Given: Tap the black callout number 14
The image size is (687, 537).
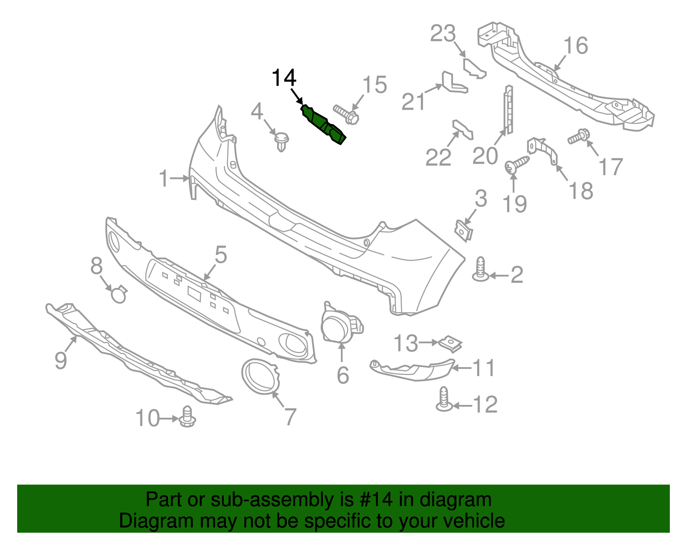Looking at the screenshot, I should tap(284, 78).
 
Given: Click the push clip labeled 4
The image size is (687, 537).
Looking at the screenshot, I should tap(281, 141).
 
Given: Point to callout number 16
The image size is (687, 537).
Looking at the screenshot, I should tap(575, 46).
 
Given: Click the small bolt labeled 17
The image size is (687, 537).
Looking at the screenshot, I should tap(579, 137).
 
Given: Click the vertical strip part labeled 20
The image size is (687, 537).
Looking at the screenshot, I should tap(508, 110).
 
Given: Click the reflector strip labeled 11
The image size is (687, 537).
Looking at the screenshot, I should tap(412, 370).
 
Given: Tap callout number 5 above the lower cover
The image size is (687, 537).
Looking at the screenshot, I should tap(221, 255).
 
